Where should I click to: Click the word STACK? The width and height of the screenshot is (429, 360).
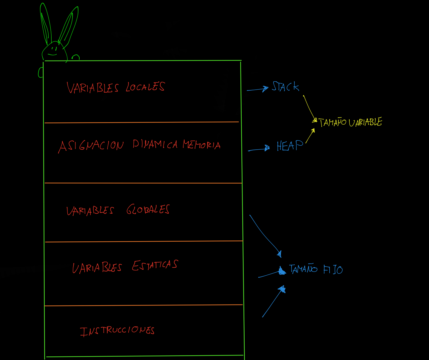[x=285, y=87]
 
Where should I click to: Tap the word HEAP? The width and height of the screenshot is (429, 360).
[x=289, y=146]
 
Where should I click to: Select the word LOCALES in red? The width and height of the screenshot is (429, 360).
[x=145, y=87]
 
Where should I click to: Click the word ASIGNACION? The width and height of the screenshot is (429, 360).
[x=91, y=146]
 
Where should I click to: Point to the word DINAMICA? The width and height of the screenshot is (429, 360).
[x=155, y=145]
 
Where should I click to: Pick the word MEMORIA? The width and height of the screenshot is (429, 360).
[x=202, y=145]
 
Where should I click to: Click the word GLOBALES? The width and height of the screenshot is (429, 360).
[x=148, y=210]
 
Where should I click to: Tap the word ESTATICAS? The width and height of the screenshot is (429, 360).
[x=155, y=265]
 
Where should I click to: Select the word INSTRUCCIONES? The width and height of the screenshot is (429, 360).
[x=117, y=331]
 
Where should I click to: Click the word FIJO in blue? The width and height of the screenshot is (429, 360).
[x=333, y=270]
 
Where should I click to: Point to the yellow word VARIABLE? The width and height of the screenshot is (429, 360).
[x=365, y=122]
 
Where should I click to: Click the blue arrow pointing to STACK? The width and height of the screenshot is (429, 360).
[x=257, y=89]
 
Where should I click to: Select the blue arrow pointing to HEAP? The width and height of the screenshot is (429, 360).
[x=259, y=149]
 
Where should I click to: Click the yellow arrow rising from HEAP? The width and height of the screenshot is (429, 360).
[x=310, y=136]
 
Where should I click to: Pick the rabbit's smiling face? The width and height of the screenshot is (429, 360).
[x=54, y=52]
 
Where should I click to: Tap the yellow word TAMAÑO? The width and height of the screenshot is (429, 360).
[x=332, y=122]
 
